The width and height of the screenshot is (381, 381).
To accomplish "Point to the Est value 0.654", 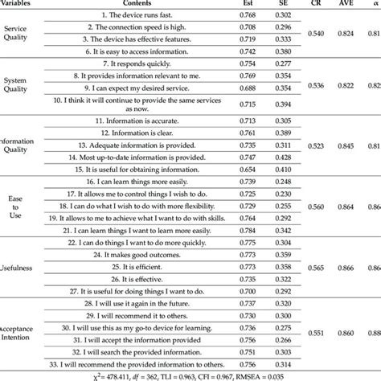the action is click(x=227, y=170).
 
